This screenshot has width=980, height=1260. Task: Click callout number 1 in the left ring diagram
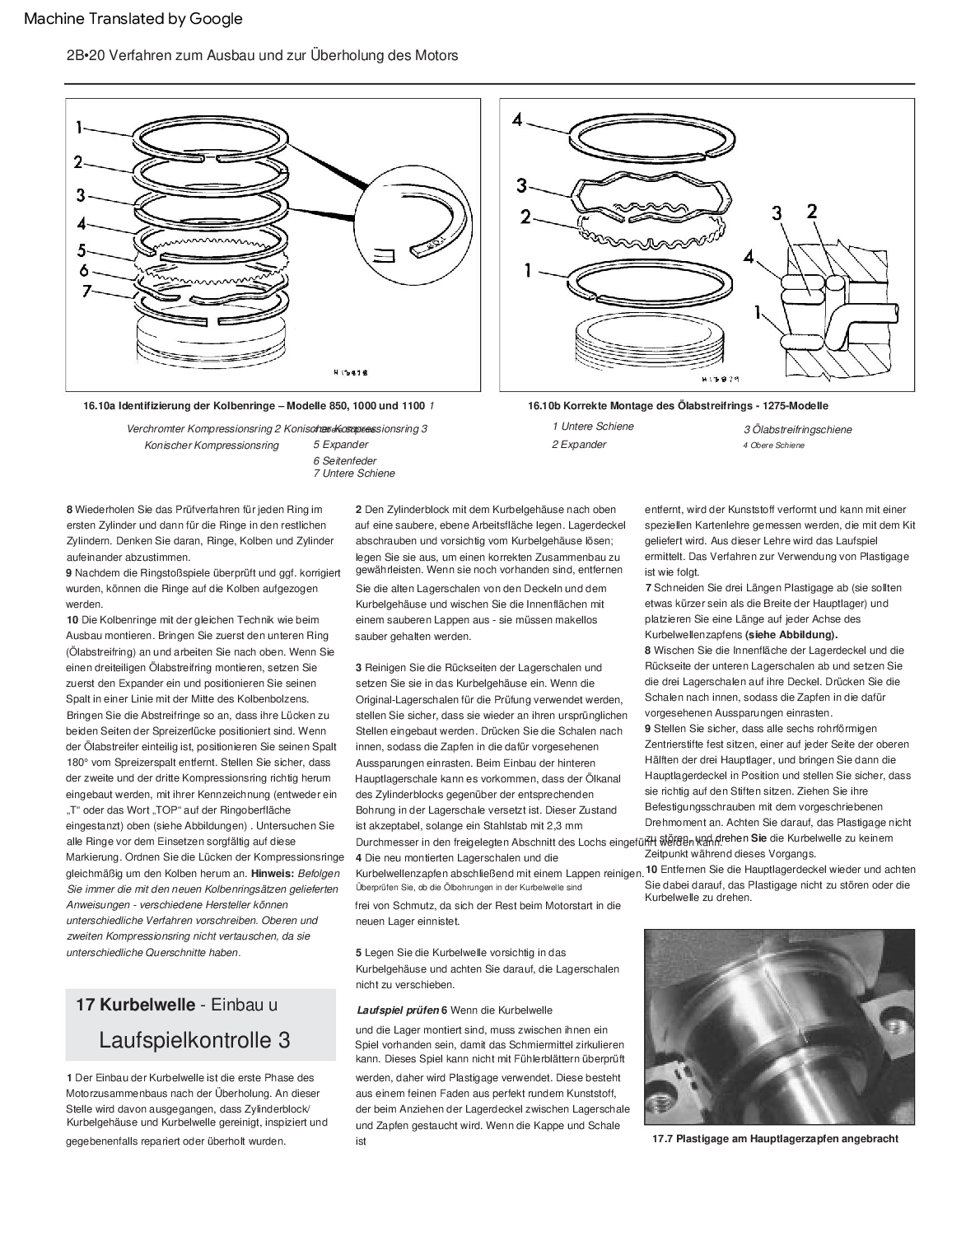(79, 128)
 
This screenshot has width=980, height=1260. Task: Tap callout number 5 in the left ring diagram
(81, 249)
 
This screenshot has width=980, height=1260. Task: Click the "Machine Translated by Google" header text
(133, 19)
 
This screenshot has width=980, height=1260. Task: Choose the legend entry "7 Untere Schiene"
(353, 474)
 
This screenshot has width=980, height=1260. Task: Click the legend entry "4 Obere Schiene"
(773, 446)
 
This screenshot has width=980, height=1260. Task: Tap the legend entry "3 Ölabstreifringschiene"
(797, 430)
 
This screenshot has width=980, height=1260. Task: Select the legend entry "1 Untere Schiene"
(593, 427)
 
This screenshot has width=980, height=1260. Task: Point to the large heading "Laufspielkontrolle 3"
(194, 1040)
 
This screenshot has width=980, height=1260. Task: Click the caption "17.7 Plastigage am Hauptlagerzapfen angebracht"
(775, 1139)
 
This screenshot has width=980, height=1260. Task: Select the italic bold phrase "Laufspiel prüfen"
(398, 1010)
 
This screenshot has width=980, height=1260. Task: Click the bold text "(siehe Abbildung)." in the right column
(791, 635)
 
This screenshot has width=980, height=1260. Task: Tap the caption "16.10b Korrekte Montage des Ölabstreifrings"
(678, 406)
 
